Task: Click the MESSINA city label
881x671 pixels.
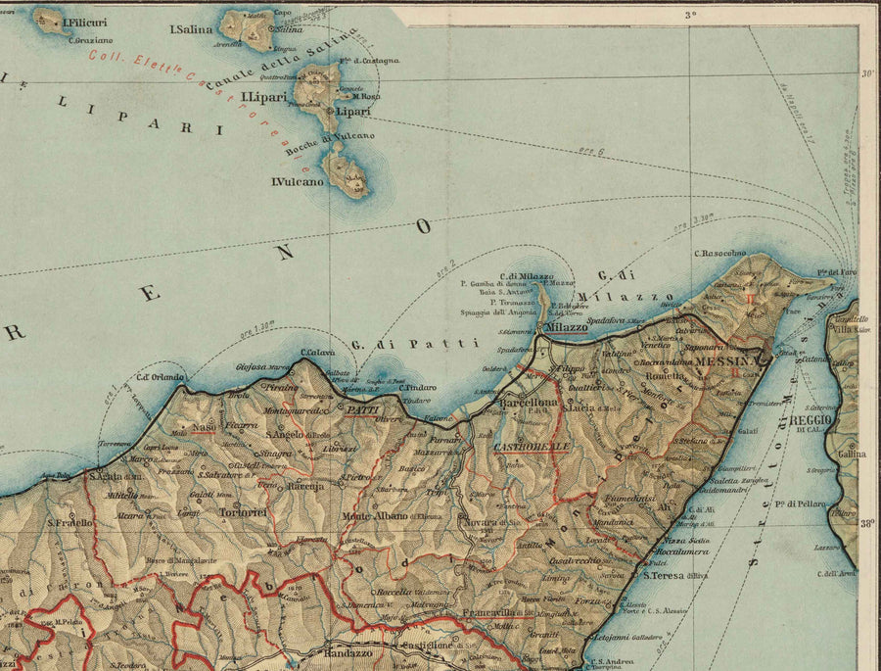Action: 727,361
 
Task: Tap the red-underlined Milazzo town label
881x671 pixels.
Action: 566,326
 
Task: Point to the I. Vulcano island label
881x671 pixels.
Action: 297,182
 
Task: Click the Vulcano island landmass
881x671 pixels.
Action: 348,172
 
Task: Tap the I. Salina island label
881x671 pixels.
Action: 191,29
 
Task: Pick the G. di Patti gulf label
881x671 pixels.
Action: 415,344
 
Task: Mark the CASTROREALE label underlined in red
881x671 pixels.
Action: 532,447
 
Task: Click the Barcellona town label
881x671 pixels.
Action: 529,402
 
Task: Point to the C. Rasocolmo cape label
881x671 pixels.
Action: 719,254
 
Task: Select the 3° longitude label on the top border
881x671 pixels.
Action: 690,14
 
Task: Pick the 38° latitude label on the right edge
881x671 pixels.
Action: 866,524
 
